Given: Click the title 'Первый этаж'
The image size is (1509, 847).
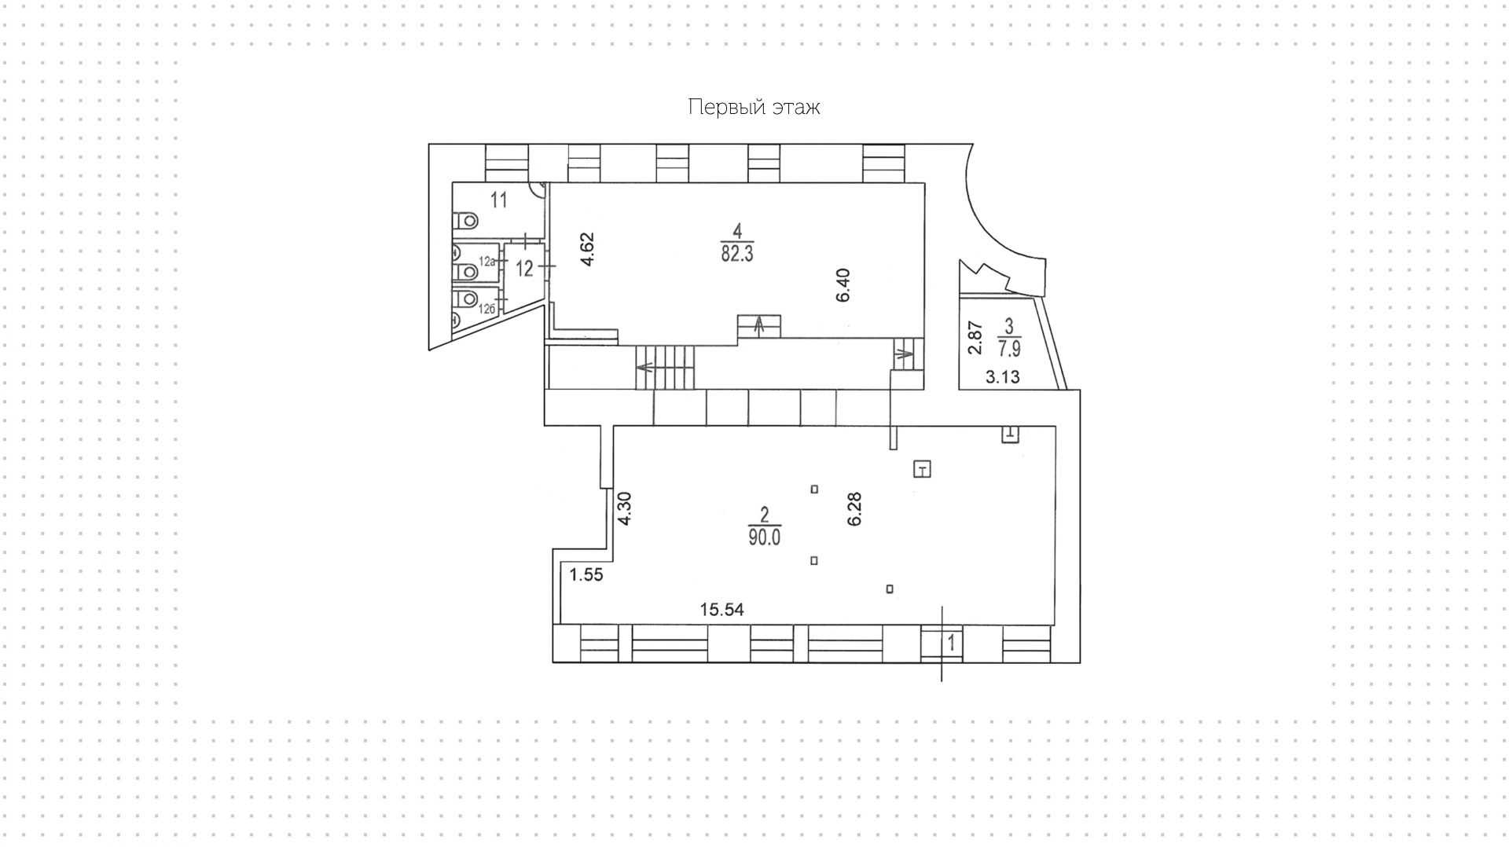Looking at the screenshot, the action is click(754, 107).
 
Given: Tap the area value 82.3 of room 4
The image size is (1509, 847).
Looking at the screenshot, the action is click(737, 254).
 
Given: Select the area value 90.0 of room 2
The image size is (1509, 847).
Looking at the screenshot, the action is click(764, 537).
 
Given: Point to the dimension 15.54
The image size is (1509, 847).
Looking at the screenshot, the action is click(722, 609).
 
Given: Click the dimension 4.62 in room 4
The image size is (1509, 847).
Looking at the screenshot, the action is click(587, 250).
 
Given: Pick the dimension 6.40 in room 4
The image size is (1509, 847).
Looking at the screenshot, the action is click(843, 285).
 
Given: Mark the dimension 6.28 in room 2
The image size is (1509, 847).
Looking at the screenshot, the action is click(855, 509).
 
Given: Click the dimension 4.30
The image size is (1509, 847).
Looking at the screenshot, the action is click(625, 509).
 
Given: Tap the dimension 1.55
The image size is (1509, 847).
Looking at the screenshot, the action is click(586, 575).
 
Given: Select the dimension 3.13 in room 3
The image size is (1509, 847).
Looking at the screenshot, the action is click(1003, 377).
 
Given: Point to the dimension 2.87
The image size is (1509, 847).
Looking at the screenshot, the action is click(975, 338).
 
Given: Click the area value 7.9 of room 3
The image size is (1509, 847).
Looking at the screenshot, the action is click(1009, 347).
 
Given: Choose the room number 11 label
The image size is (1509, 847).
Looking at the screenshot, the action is click(498, 200).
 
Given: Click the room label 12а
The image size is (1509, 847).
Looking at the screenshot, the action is click(487, 261).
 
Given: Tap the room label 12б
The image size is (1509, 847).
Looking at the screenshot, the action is click(487, 309).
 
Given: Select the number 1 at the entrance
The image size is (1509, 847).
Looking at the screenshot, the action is click(951, 643).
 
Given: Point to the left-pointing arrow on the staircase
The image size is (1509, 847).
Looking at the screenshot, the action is click(645, 367).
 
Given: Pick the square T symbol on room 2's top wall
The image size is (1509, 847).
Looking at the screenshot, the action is click(1010, 433).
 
